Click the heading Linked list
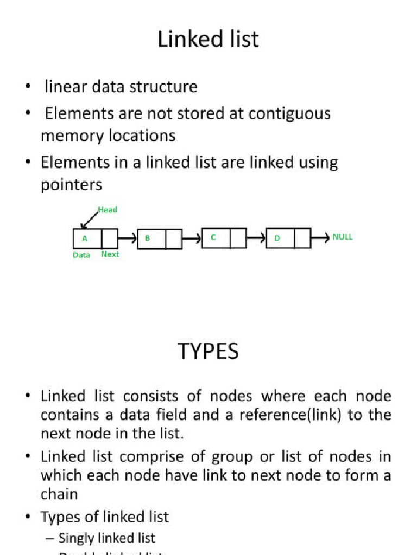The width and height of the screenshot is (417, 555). (208, 40)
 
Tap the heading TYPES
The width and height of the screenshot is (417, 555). (208, 352)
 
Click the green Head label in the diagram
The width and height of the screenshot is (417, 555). (108, 210)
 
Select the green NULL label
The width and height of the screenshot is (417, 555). (343, 237)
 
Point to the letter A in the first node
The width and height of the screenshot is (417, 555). (84, 238)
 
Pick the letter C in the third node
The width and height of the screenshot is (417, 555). (213, 237)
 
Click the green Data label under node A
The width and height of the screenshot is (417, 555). (81, 255)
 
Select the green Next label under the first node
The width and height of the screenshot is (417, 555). (110, 254)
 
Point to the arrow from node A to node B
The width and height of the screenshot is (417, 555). (128, 238)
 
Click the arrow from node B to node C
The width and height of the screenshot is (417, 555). (192, 238)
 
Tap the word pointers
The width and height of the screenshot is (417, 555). (71, 185)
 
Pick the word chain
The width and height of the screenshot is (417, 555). (59, 494)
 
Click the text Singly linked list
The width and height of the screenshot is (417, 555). (107, 538)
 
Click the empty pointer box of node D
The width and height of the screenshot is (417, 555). (302, 238)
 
